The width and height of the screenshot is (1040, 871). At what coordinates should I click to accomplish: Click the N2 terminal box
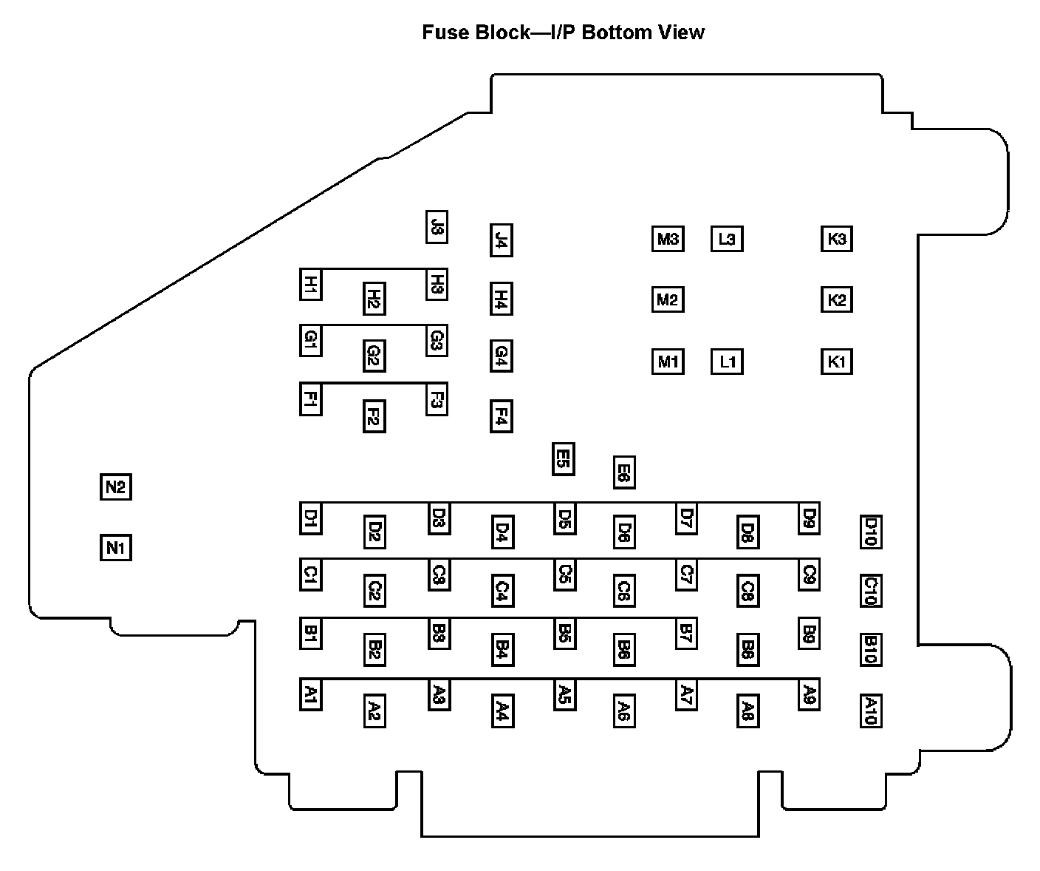115,487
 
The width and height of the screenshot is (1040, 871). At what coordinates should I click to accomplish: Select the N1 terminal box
115,548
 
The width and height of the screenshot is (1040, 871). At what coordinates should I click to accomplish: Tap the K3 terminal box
836,239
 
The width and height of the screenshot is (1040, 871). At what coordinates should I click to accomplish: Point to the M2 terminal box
667,299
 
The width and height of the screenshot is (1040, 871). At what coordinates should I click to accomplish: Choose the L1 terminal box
727,362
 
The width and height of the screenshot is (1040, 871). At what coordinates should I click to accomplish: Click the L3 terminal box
727,239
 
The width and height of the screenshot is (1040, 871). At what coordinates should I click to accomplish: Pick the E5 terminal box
563,458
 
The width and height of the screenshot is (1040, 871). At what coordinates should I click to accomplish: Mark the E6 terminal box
624,472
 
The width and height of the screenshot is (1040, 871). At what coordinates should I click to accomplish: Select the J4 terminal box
501,240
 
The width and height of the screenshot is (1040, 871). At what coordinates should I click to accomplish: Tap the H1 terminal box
310,284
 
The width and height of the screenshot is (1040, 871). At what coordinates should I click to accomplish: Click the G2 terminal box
374,356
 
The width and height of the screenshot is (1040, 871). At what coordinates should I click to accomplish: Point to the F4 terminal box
501,415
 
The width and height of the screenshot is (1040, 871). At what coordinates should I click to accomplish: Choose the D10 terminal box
871,532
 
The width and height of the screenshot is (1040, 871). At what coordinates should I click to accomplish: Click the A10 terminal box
871,711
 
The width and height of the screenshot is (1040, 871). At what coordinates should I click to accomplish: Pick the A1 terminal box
310,694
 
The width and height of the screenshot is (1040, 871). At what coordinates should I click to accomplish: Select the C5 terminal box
565,575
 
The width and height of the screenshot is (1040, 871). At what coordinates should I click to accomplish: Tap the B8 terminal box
747,648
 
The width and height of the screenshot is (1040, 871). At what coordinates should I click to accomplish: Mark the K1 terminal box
836,362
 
